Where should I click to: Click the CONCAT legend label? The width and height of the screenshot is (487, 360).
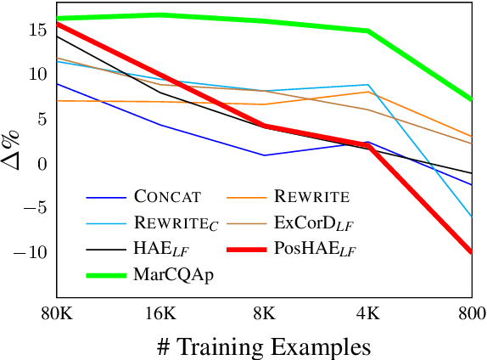(x=167, y=197)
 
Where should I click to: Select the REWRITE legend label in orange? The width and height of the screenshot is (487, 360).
(x=311, y=197)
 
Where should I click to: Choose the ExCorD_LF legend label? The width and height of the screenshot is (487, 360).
(x=315, y=223)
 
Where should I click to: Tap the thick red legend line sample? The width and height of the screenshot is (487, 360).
(x=246, y=250)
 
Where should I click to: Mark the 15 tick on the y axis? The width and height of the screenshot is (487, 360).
(x=38, y=30)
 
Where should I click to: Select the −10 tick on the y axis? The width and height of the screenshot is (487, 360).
(x=33, y=252)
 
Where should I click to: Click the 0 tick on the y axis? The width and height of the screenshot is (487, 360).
(x=43, y=163)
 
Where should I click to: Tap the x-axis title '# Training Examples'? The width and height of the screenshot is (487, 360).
(x=264, y=346)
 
